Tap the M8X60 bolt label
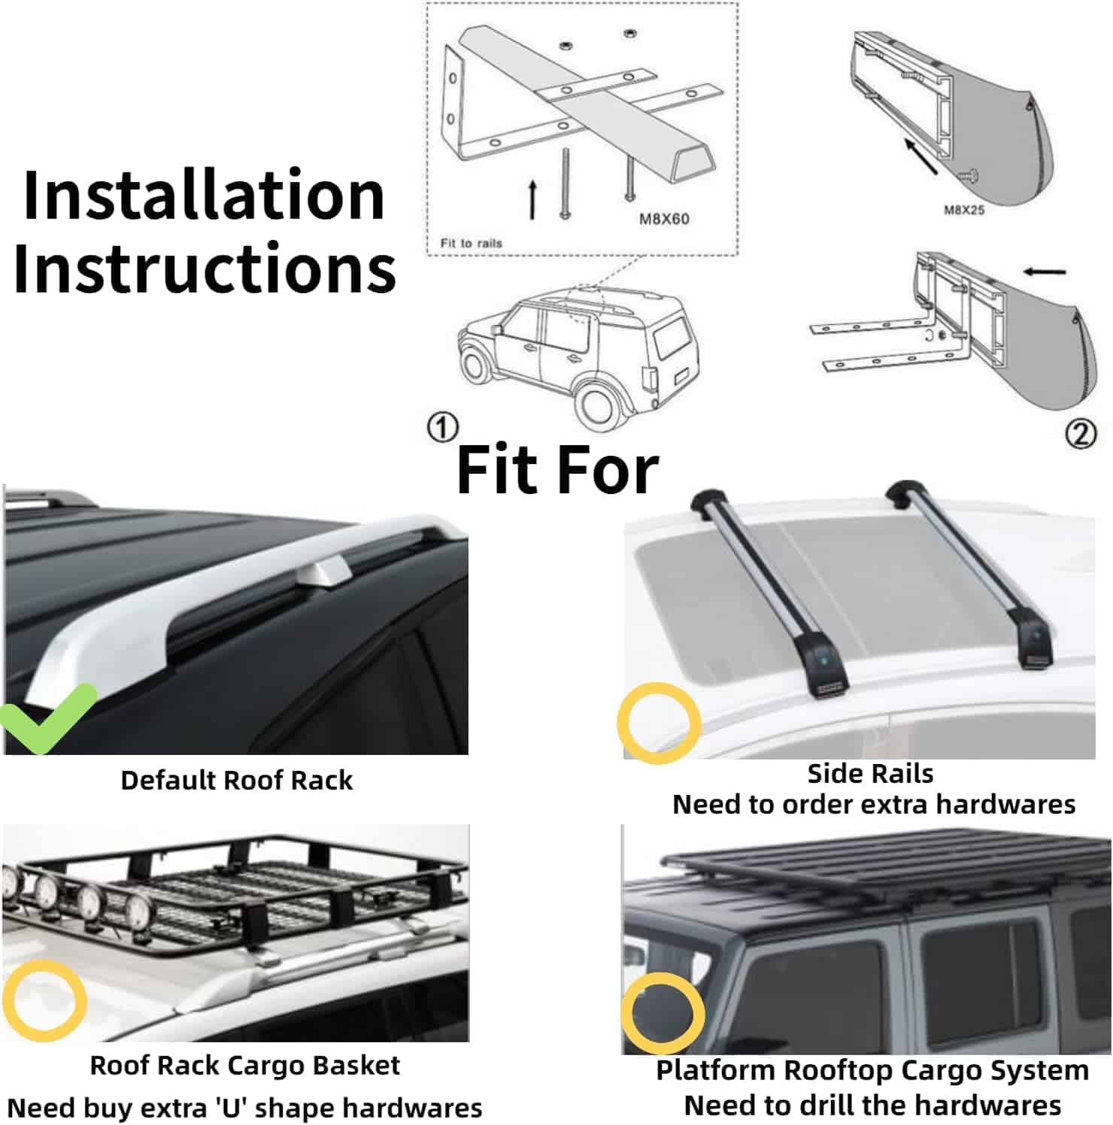(x=664, y=219)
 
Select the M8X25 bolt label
(x=964, y=210)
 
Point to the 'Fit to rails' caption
(x=471, y=243)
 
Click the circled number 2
(x=1081, y=434)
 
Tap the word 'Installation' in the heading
(x=204, y=196)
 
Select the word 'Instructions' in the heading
(x=205, y=268)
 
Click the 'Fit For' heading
(x=557, y=470)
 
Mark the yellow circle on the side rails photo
(x=659, y=723)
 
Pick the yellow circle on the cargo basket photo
(x=44, y=1000)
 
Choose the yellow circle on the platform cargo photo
(x=663, y=1012)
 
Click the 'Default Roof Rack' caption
(x=236, y=781)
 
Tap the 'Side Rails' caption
(x=870, y=773)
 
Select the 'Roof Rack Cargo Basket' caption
(x=244, y=1065)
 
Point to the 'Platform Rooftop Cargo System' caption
(x=872, y=1069)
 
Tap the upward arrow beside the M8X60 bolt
(x=532, y=199)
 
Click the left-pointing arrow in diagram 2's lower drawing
(x=1045, y=271)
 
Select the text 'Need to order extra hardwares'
(x=873, y=805)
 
